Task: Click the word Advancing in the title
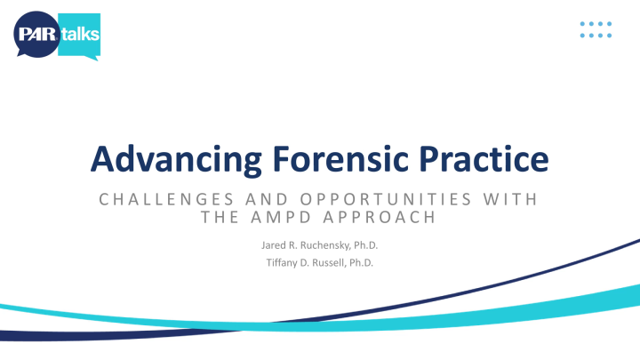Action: (x=166, y=160)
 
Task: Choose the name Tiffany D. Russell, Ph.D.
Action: (x=319, y=261)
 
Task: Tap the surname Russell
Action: (x=330, y=261)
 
